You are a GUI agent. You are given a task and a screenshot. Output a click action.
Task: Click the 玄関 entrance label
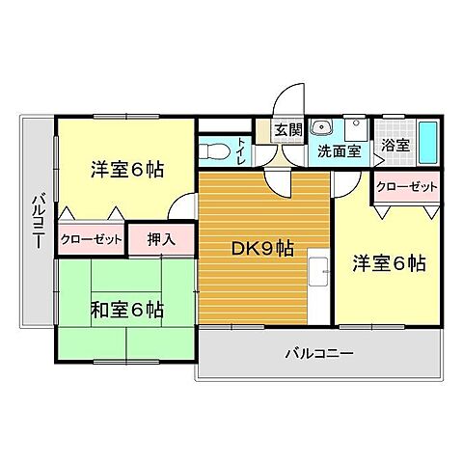point(287,130)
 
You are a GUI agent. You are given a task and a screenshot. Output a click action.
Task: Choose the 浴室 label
point(395,147)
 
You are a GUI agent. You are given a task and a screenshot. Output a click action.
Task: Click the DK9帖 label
point(261,248)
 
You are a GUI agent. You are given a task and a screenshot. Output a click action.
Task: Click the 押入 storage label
point(161,238)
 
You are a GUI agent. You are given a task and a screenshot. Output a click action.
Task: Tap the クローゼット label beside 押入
point(92,238)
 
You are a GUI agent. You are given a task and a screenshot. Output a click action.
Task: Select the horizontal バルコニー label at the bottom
point(318,353)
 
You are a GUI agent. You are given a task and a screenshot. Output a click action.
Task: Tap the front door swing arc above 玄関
point(286,99)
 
